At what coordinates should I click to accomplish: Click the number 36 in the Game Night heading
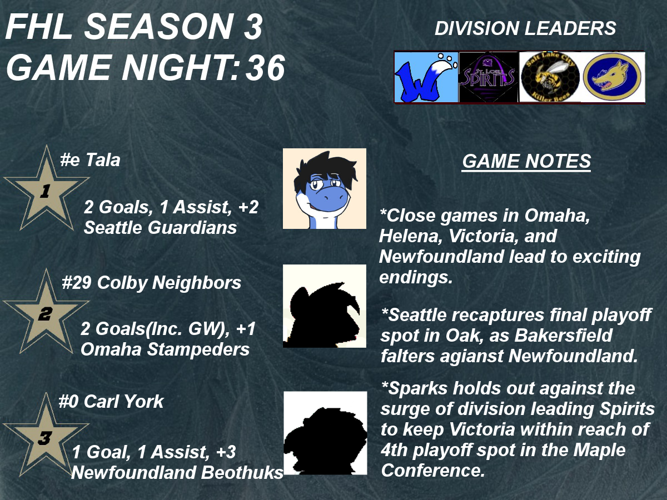(x=265, y=68)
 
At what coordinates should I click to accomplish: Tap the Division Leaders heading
(x=525, y=28)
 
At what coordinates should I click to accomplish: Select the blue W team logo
(x=426, y=77)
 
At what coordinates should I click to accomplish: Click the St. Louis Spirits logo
(x=489, y=77)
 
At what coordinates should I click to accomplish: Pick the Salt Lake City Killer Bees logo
(x=550, y=77)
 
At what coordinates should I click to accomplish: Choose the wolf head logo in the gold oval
(x=613, y=77)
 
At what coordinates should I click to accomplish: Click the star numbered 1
(x=46, y=189)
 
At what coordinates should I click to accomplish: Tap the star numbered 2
(x=46, y=313)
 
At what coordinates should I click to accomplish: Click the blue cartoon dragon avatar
(x=325, y=188)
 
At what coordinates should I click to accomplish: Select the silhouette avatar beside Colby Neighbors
(x=325, y=306)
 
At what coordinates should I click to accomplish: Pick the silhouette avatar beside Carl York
(x=325, y=433)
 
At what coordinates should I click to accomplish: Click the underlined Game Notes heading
(x=526, y=161)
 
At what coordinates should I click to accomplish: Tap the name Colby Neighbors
(x=170, y=283)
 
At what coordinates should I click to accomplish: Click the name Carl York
(x=124, y=401)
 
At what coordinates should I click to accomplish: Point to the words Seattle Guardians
(x=160, y=227)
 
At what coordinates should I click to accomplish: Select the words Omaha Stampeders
(x=165, y=349)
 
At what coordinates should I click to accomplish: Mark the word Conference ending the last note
(x=432, y=471)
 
